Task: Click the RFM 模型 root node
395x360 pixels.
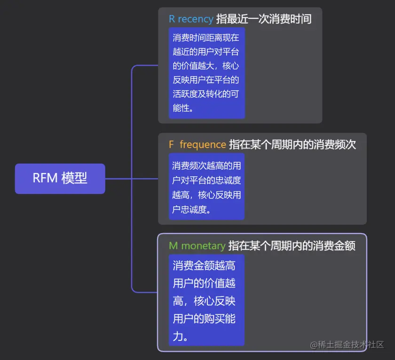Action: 60,179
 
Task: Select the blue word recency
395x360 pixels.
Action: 195,19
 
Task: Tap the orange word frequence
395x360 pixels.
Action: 203,144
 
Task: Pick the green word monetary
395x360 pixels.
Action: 203,245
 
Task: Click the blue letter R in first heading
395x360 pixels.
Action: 172,19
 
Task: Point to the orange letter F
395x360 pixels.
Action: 172,144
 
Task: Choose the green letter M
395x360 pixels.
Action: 173,245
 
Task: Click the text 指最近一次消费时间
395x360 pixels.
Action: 263,19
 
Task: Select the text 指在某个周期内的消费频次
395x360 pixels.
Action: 292,144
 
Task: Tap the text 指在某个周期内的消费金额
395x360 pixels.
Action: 292,245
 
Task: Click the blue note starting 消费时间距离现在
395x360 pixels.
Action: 207,73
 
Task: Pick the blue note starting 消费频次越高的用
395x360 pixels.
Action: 207,187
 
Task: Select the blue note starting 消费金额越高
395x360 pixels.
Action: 207,301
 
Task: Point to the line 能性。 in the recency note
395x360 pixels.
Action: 183,108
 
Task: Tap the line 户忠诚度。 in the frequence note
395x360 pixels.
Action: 191,210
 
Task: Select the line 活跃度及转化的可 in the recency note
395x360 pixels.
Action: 205,94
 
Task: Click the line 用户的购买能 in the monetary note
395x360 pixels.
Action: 204,319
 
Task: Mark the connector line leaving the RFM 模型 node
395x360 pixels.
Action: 118,179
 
